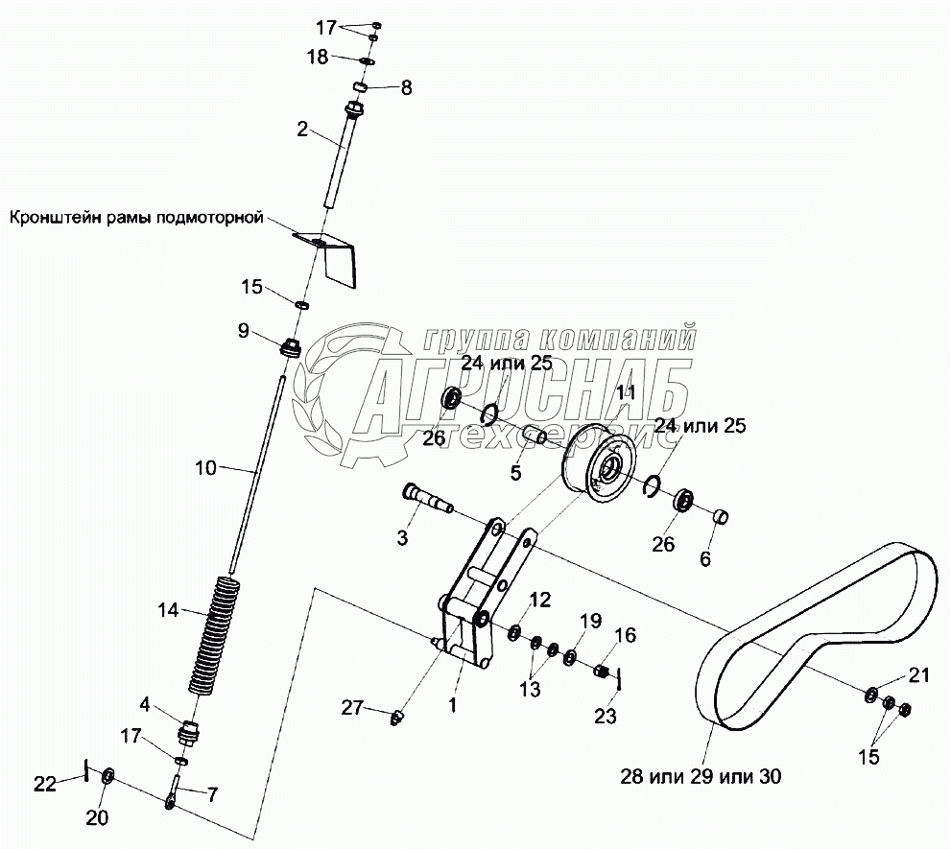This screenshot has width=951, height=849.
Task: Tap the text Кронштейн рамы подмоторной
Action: [x=135, y=218]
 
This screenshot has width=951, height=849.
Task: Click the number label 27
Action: [x=353, y=709]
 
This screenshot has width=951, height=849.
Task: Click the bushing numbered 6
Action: [x=722, y=518]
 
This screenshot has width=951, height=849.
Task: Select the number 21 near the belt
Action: [x=919, y=676]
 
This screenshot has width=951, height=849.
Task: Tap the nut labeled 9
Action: [x=289, y=345]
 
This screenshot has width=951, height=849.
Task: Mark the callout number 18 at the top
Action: [x=318, y=58]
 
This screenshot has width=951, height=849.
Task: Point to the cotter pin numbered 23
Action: [x=622, y=679]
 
